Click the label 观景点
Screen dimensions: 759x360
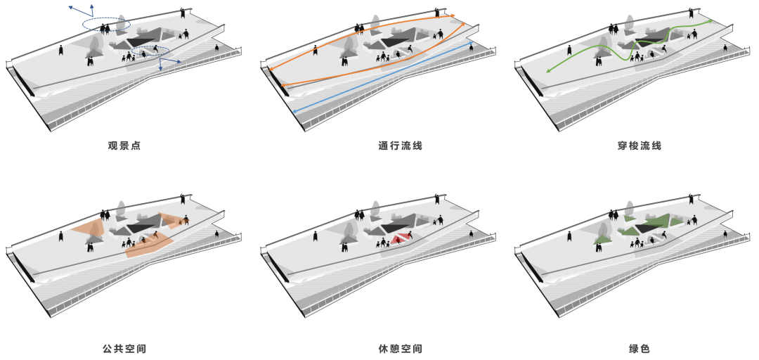124,146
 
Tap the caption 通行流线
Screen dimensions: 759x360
401,146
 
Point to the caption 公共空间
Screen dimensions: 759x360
124,349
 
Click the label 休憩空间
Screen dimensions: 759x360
401,349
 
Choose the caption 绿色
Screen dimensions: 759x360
639,349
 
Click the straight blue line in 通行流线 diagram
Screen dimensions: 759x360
383,77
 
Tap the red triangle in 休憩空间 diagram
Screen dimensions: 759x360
402,238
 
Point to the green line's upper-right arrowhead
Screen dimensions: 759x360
710,21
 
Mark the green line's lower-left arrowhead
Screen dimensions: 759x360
549,71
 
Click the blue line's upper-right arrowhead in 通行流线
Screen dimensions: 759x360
472,43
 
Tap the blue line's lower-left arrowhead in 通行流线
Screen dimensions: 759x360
294,112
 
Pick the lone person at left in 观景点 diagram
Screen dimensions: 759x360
61,49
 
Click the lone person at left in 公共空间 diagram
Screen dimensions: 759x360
61,236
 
